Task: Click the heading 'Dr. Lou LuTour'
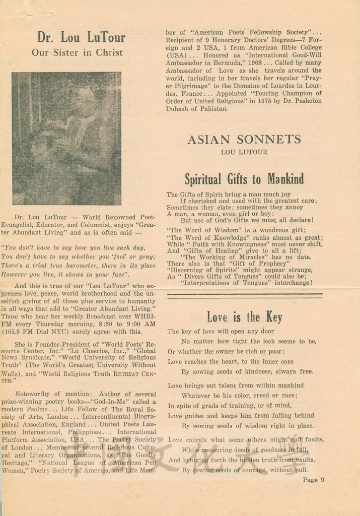point(81,37)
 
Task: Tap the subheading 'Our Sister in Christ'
point(77,52)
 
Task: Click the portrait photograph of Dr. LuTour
point(66,139)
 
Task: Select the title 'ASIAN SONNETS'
point(244,140)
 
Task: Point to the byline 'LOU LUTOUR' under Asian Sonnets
point(244,152)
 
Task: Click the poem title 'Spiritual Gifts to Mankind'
point(244,179)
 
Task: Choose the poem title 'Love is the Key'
point(244,317)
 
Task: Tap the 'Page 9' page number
point(313,480)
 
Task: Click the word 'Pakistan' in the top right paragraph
point(211,108)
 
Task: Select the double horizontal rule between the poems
point(244,294)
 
